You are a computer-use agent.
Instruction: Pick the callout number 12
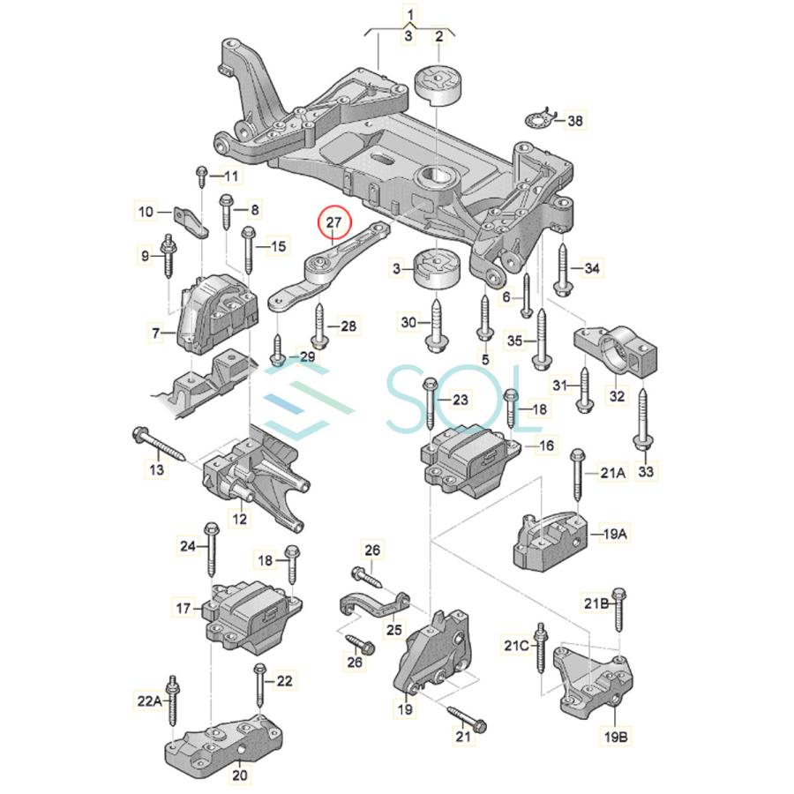coord(239,520)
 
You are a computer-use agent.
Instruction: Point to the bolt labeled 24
coord(212,547)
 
